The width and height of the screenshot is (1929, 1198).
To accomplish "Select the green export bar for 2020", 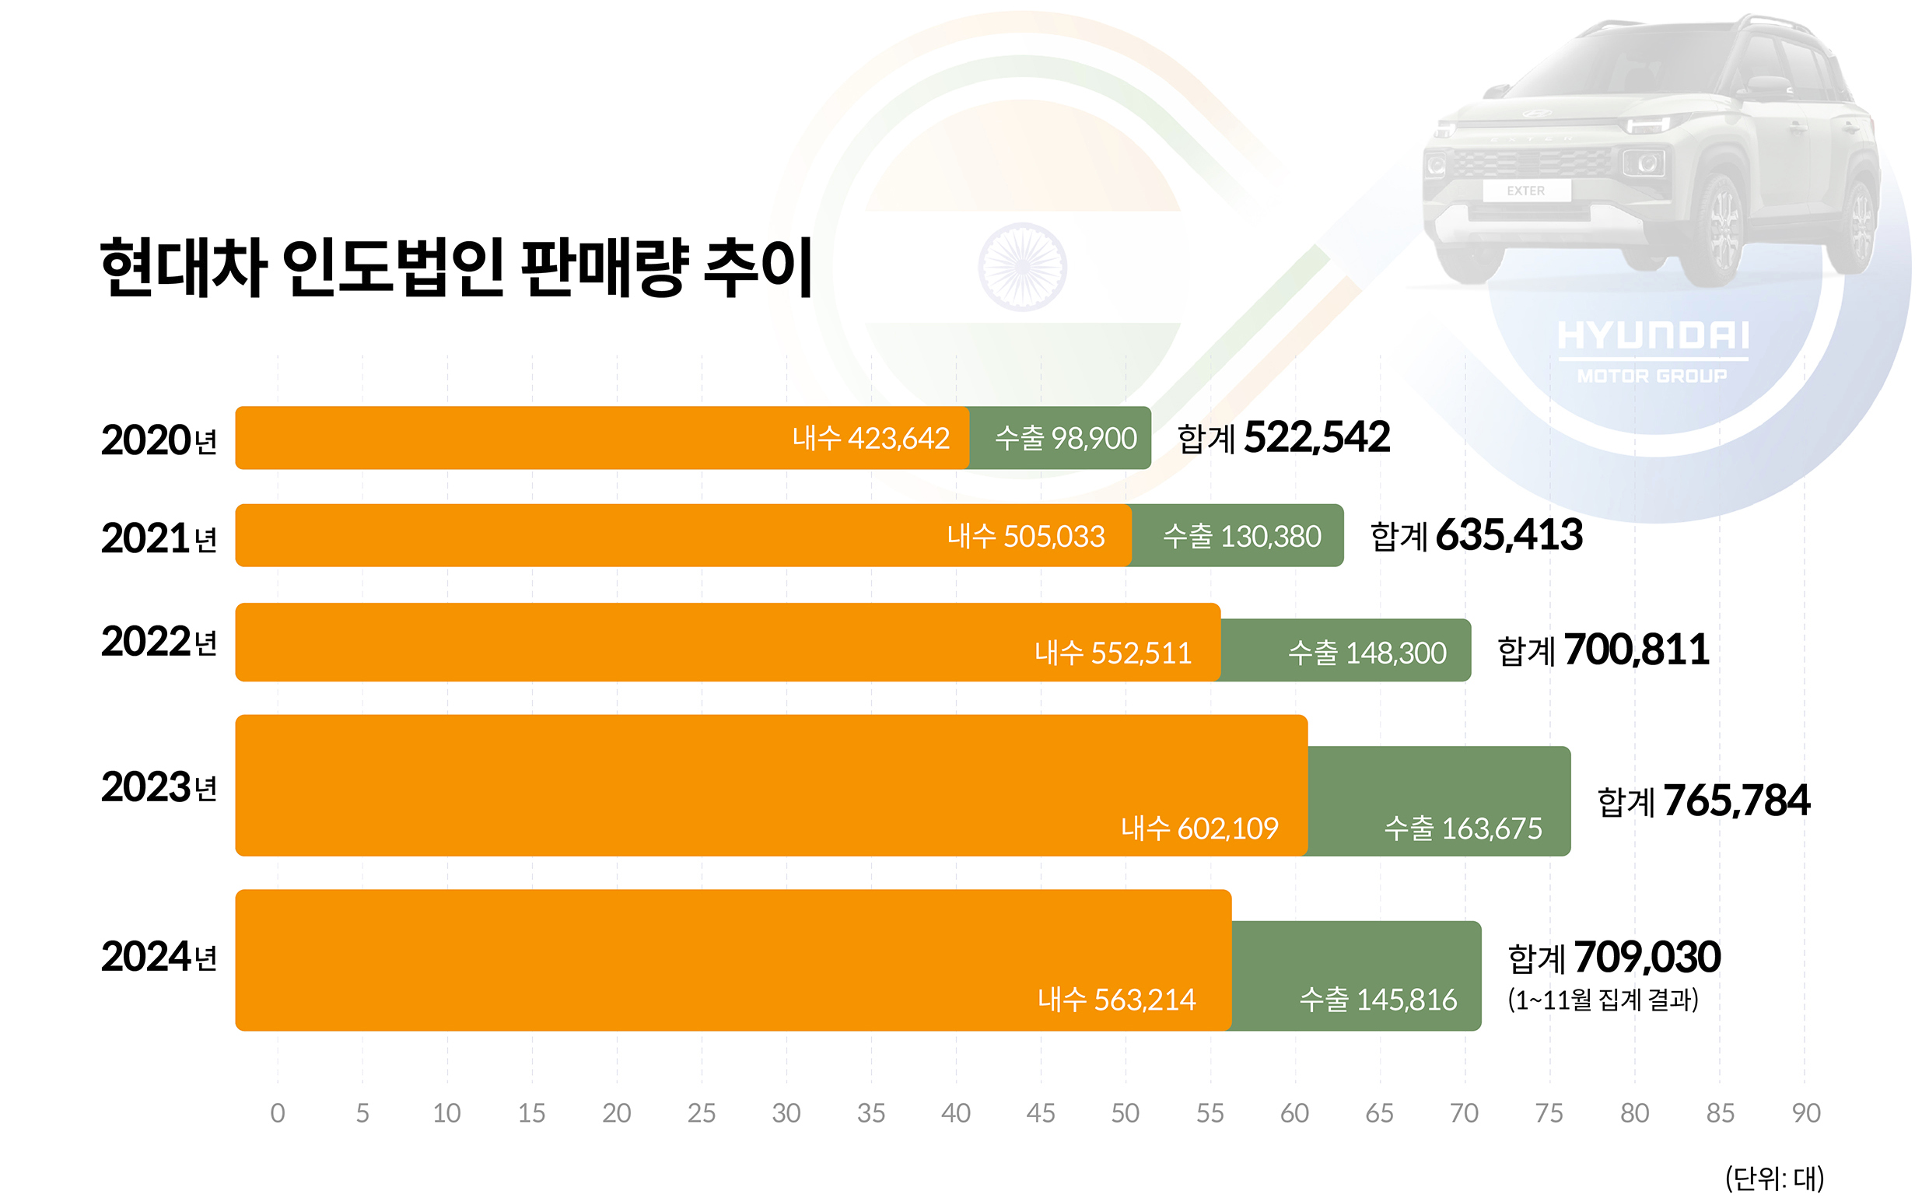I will [1059, 438].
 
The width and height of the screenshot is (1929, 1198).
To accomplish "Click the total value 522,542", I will [1316, 437].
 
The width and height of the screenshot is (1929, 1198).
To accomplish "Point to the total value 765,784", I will [1737, 800].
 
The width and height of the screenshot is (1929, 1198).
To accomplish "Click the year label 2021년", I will [159, 538].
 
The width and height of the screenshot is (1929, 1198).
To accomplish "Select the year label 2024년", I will [159, 956].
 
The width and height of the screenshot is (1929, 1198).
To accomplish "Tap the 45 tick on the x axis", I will [1040, 1113].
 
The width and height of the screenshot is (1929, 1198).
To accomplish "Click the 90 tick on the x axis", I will [1805, 1113].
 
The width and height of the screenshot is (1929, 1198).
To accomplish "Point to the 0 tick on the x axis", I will [277, 1113].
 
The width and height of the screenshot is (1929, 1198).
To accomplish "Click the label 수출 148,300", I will [1367, 653].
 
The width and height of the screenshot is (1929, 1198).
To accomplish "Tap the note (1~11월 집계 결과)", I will [1602, 999].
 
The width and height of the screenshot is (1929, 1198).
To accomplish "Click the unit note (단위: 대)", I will [1773, 1178].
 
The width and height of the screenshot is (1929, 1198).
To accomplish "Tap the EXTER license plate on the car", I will [1525, 191].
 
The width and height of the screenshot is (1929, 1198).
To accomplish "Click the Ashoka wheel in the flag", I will [1022, 267].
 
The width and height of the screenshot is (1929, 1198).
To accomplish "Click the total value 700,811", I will [1636, 650].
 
